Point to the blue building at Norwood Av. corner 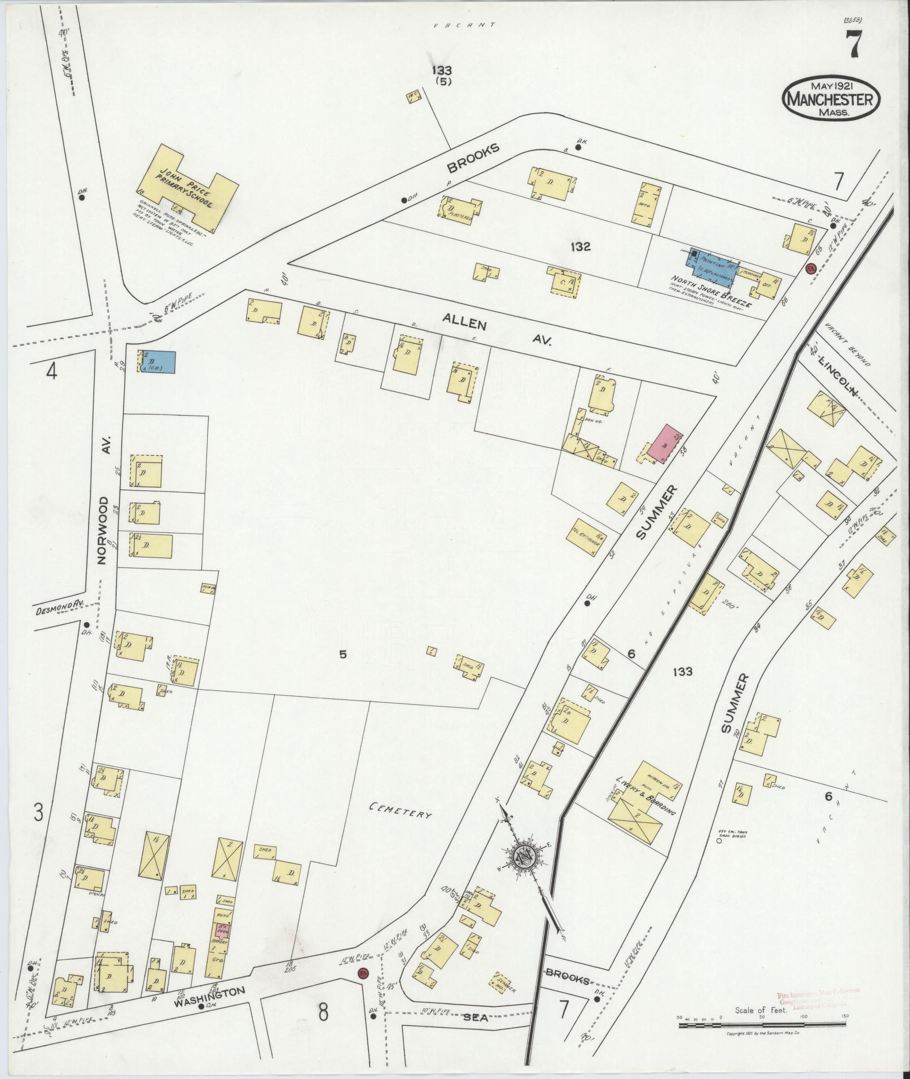click(158, 362)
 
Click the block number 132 click(580, 246)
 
